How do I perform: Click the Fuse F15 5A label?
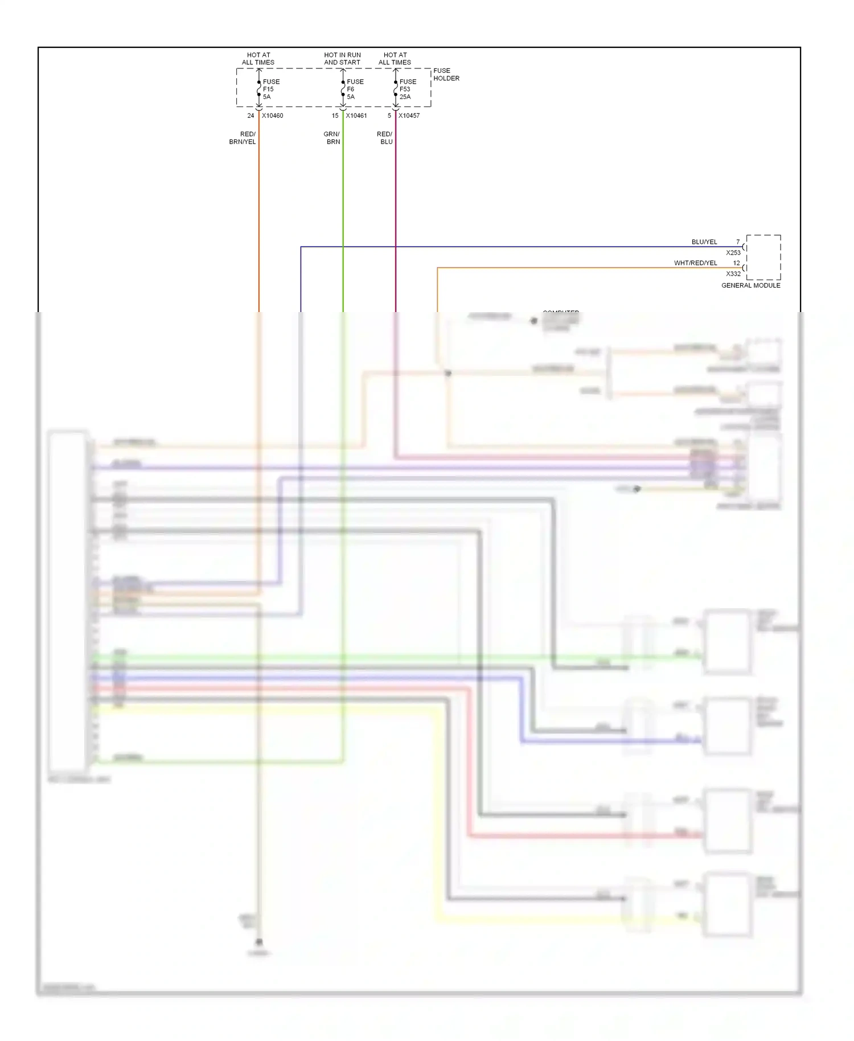click(x=270, y=89)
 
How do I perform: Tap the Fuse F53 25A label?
click(x=407, y=89)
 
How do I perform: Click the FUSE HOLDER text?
click(x=446, y=75)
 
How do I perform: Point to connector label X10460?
click(x=272, y=116)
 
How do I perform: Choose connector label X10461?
click(x=356, y=116)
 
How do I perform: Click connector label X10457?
click(x=409, y=116)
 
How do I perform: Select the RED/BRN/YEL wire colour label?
click(x=244, y=138)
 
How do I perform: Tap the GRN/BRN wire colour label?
click(x=332, y=138)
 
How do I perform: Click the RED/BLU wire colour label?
click(x=385, y=138)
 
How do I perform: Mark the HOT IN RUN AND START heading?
click(x=342, y=59)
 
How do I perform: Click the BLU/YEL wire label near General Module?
click(x=704, y=242)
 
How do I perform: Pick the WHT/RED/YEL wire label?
click(x=695, y=263)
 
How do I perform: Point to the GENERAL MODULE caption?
click(x=750, y=285)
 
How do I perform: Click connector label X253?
click(x=733, y=253)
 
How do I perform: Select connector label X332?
click(x=733, y=274)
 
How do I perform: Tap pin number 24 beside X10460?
click(x=251, y=116)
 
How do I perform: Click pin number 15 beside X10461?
click(x=335, y=116)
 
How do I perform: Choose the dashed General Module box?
click(x=763, y=257)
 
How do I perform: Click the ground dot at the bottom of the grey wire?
click(x=259, y=942)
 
